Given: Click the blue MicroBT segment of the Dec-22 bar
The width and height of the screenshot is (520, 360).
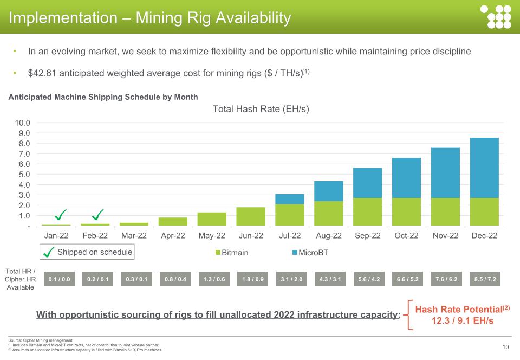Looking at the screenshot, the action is point(484,168).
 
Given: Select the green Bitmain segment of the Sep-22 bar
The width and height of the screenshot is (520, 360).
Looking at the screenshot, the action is point(367,211).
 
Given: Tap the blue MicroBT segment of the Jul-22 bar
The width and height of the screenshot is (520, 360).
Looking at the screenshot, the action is point(289,199).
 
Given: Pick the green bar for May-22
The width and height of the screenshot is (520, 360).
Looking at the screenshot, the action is point(212,219).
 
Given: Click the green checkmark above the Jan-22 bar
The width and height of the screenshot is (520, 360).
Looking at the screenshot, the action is point(61,215).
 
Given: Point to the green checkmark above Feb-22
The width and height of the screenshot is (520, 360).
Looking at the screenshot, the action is point(98,215).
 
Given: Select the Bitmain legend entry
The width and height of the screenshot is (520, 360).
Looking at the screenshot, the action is point(232,253).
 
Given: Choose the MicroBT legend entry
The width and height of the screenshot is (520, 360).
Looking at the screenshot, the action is point(310,253).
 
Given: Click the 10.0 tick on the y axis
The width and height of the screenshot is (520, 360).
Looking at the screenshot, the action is point(22,123).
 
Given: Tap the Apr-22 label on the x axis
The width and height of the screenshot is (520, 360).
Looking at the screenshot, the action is point(173,236).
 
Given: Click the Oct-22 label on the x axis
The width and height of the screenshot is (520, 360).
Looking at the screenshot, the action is point(406,236).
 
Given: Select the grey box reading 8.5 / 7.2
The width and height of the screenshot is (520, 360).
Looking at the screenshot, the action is point(485,279).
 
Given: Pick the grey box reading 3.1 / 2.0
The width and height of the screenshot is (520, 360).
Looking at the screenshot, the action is point(291,279).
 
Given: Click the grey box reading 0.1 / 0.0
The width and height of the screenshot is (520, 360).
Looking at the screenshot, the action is point(59,279).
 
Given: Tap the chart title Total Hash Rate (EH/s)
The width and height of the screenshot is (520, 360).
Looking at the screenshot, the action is point(261,109).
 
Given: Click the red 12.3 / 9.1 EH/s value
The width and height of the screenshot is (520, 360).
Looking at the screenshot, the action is point(462,321).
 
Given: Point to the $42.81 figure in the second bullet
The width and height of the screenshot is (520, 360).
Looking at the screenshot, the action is point(42,73).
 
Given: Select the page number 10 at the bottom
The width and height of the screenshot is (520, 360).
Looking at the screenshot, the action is point(505,347).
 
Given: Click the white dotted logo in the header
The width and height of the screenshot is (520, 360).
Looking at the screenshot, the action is point(496,17).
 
